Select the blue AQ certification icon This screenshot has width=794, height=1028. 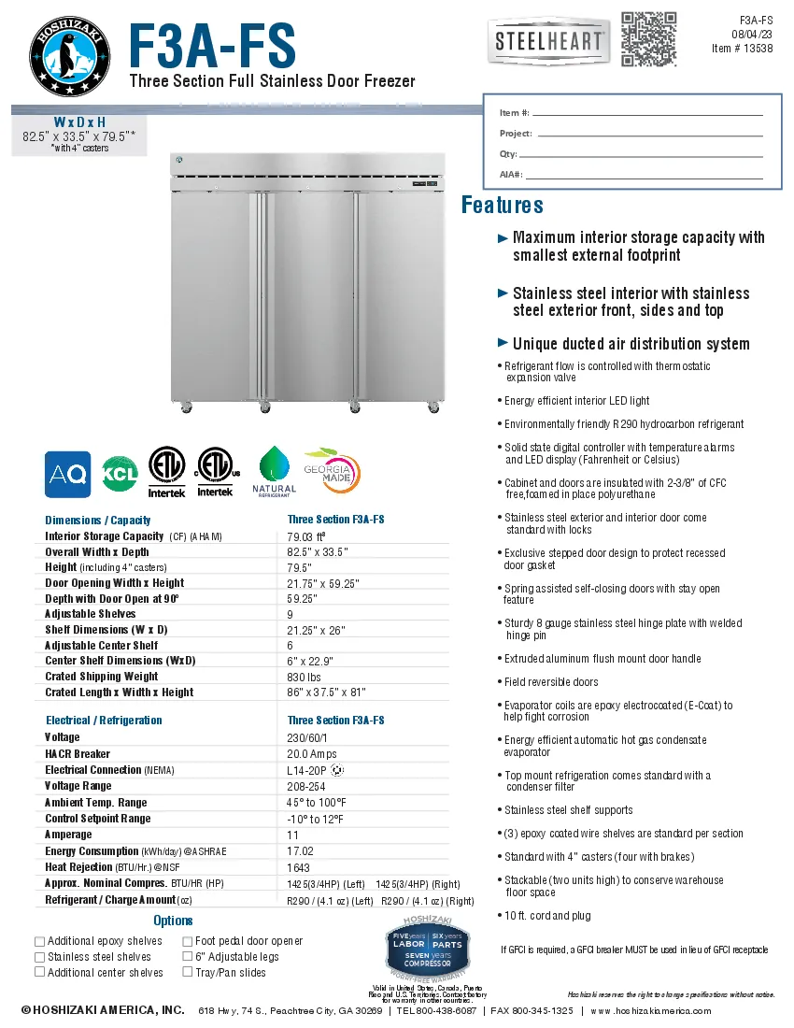click(68, 475)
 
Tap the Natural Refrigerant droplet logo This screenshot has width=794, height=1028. click(274, 470)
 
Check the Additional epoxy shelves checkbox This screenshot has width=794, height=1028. click(39, 941)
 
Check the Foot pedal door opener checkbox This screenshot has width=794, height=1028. click(188, 941)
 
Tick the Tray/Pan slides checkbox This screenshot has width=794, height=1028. click(188, 972)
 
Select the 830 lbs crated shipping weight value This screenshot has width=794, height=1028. click(304, 677)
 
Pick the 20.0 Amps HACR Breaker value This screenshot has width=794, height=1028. click(310, 754)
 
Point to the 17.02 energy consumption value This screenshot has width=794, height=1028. click(300, 851)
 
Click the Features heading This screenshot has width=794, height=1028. click(503, 206)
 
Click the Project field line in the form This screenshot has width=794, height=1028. click(650, 135)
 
